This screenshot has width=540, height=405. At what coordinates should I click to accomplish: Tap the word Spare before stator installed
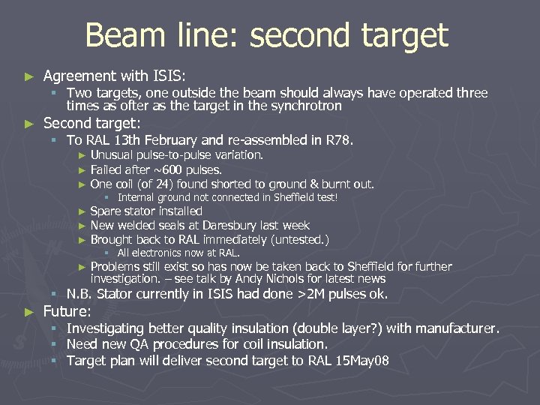tap(105, 211)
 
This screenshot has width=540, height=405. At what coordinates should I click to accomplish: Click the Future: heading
tap(67, 310)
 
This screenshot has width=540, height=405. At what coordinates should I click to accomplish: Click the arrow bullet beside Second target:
tap(29, 123)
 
